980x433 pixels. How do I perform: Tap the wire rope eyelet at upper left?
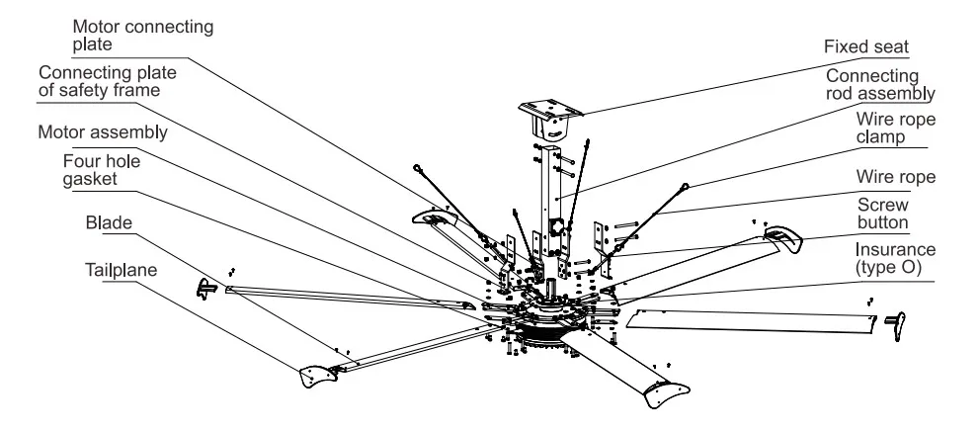[419, 169]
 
